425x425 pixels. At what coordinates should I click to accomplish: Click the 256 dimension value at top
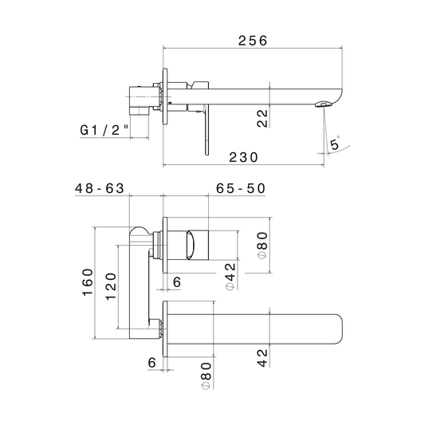253,41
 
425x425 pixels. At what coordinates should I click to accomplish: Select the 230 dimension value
243,157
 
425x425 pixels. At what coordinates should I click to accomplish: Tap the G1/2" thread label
104,130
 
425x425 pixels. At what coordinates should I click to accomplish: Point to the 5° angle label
335,143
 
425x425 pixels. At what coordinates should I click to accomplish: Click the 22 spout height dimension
262,118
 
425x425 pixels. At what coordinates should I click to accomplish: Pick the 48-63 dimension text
100,188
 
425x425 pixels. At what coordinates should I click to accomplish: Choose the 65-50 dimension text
241,188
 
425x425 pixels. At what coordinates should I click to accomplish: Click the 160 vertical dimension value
88,282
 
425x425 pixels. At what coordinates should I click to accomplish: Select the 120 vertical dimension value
111,286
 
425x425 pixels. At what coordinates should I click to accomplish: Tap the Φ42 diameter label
230,277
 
